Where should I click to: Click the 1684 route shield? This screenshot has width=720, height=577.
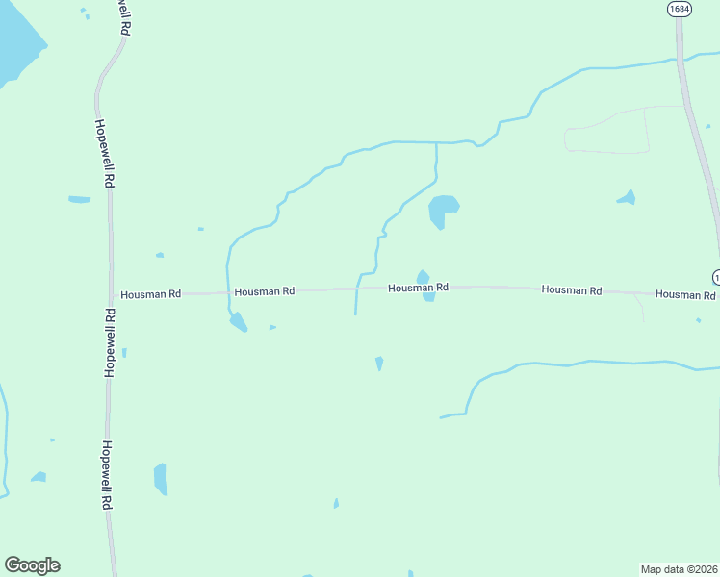(x=680, y=9)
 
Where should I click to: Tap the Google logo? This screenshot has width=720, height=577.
(x=32, y=565)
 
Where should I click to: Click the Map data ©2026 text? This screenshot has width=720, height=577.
(x=680, y=568)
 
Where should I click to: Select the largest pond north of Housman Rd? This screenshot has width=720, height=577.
(x=442, y=210)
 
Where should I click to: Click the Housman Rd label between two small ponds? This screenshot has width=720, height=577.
(x=418, y=288)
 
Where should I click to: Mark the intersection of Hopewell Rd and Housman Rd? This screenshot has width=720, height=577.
(x=112, y=295)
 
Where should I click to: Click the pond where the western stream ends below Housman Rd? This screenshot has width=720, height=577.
(x=238, y=322)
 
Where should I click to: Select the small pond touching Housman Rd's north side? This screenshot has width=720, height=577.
(x=423, y=277)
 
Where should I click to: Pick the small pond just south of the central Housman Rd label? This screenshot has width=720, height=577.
(x=428, y=297)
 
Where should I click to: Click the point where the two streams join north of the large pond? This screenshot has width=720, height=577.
(x=436, y=143)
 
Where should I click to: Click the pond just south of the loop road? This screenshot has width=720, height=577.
(x=628, y=198)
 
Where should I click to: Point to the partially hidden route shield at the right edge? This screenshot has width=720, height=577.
(x=716, y=277)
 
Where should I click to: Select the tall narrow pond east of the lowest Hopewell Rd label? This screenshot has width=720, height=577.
(x=160, y=478)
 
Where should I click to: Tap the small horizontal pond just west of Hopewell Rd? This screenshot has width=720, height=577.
(x=79, y=200)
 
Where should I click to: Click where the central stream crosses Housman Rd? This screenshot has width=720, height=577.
(x=357, y=288)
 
